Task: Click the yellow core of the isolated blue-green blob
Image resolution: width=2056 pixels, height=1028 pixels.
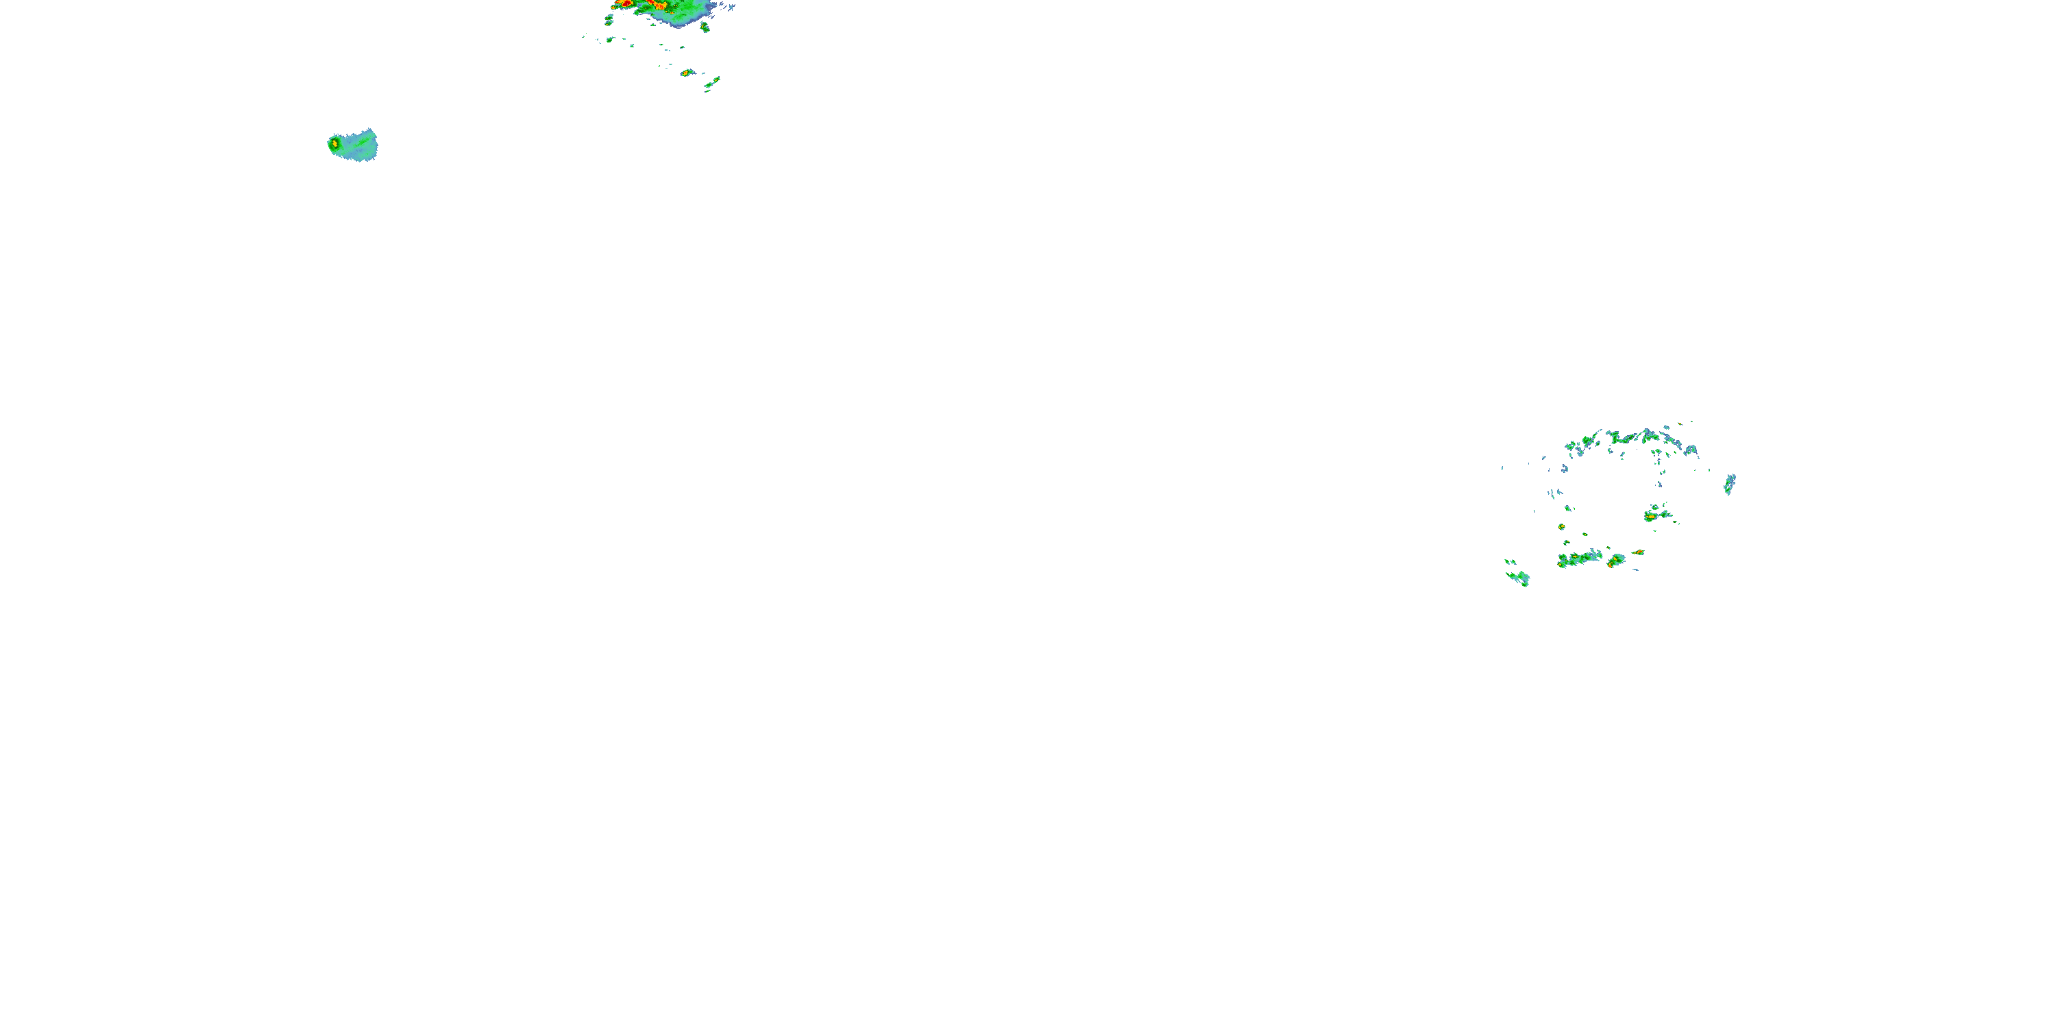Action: tap(335, 144)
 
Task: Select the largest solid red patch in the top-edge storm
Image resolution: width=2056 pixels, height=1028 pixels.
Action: tap(627, 4)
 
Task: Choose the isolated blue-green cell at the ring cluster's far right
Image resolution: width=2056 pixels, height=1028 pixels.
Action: tap(1730, 484)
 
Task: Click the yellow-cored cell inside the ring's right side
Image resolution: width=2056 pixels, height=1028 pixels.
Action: tap(1650, 517)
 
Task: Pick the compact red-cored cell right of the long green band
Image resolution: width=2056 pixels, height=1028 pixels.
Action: tap(1615, 561)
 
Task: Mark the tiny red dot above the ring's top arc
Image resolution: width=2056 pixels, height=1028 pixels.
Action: tap(1680, 423)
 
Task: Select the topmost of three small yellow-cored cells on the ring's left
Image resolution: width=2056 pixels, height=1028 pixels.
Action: tap(1568, 508)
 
